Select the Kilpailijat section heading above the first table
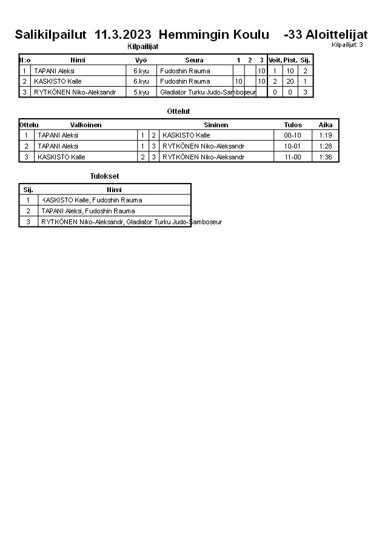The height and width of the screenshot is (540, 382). point(142,47)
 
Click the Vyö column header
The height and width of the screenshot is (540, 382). point(141,60)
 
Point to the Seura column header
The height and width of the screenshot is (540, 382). point(194,60)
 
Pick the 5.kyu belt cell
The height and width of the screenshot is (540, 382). point(141,92)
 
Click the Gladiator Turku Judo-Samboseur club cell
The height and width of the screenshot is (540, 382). point(207,92)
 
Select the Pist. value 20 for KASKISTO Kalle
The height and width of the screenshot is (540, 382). point(290,81)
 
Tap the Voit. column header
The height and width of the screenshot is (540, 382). point(275,60)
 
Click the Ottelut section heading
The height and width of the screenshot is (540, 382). point(178,112)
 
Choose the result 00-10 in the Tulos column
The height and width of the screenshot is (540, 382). point(292,135)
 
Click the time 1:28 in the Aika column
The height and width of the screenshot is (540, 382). point(326,146)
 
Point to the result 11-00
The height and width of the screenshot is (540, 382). point(292,157)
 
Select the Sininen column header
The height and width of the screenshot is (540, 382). point(216,125)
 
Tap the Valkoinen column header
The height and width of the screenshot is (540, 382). point(85,125)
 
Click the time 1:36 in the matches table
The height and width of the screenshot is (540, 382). point(326,157)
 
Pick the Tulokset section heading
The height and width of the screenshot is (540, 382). point(104,176)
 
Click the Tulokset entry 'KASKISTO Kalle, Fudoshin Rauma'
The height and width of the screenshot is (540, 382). point(92,200)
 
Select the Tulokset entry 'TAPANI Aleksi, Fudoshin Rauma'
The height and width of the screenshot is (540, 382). point(88,211)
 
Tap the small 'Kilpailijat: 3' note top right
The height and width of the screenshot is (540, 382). point(347,45)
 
